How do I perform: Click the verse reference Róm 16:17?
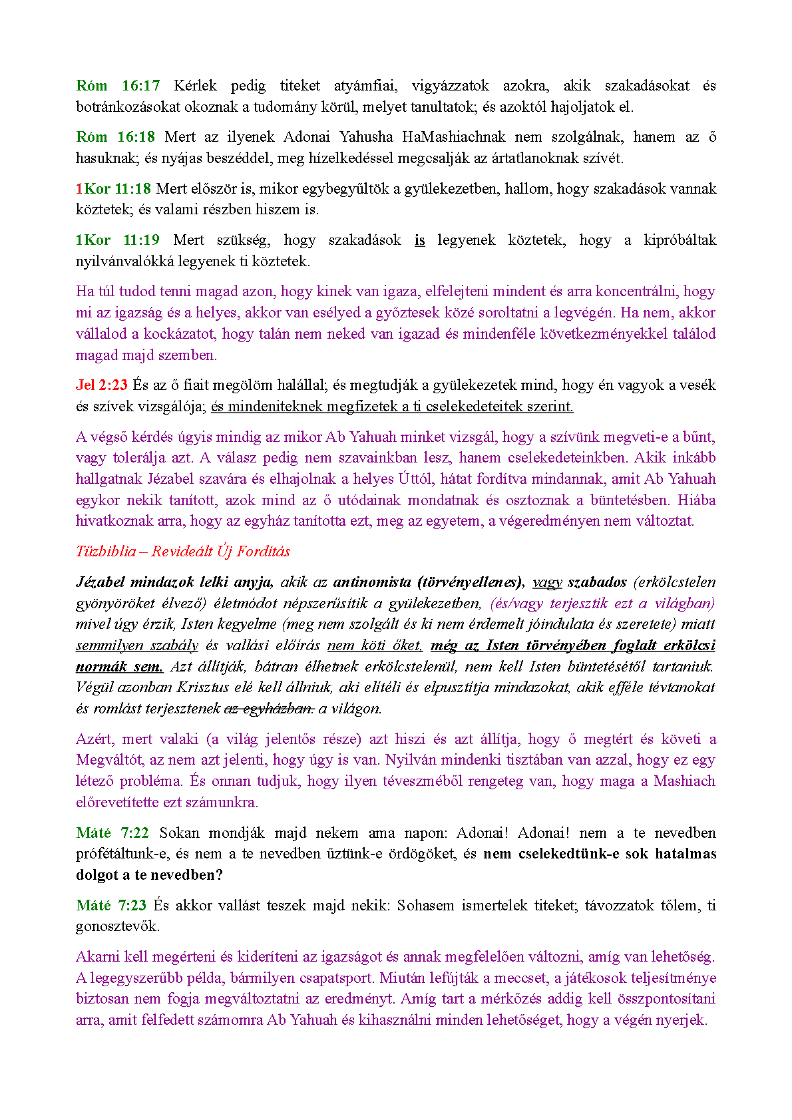click(x=118, y=86)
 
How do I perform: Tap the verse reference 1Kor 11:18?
click(x=113, y=189)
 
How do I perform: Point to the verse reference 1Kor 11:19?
click(x=118, y=240)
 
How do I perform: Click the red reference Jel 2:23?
click(x=102, y=385)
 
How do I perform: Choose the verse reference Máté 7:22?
click(x=112, y=833)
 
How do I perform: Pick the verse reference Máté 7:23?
click(x=111, y=906)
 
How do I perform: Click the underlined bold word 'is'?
click(x=419, y=240)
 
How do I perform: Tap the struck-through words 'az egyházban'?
click(x=269, y=709)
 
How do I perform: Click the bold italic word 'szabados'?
click(x=597, y=582)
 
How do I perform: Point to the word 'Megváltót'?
click(x=109, y=760)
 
